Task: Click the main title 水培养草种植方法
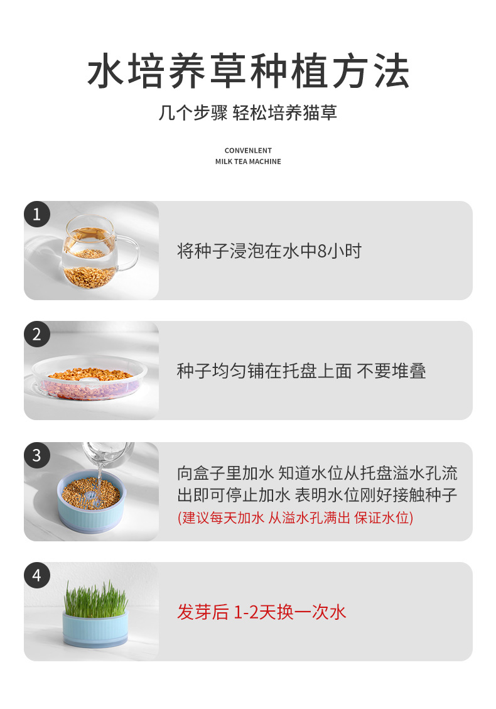point(248,71)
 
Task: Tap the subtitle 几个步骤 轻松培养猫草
point(248,112)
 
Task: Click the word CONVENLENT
point(248,151)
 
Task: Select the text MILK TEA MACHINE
point(248,161)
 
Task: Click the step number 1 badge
point(36,214)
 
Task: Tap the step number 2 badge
point(36,334)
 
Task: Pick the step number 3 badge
point(36,455)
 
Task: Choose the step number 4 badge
point(36,575)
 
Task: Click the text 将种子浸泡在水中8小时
point(269,251)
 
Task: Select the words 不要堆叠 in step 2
point(391,371)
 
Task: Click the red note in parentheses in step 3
point(295,517)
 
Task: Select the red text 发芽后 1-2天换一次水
point(261,612)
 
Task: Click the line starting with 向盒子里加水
point(317,473)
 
